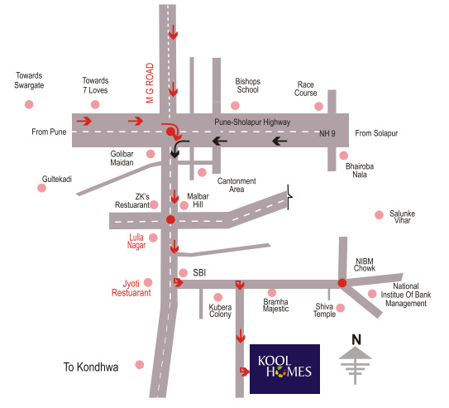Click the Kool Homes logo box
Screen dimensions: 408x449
pyautogui.click(x=284, y=367)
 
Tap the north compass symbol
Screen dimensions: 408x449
pyautogui.click(x=356, y=358)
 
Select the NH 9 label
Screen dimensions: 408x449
pyautogui.click(x=329, y=132)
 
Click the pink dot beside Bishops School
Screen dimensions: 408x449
pyautogui.click(x=235, y=105)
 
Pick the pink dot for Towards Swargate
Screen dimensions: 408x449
pyautogui.click(x=29, y=104)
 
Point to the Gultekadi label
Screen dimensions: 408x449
pyautogui.click(x=59, y=179)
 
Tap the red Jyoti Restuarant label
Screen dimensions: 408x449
pyautogui.click(x=131, y=287)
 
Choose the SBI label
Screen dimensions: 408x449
pyautogui.click(x=199, y=272)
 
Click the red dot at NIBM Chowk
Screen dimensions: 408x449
pyautogui.click(x=342, y=283)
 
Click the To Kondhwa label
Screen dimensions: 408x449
pyautogui.click(x=92, y=366)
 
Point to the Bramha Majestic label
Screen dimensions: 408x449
pyautogui.click(x=275, y=305)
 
